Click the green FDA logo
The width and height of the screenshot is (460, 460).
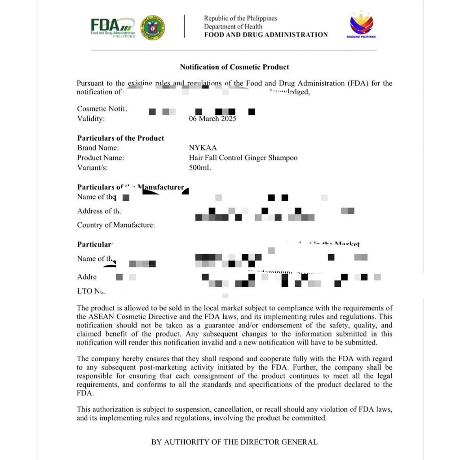113,27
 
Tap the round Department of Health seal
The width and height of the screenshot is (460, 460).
153,28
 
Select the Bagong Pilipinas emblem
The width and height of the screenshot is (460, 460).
362,26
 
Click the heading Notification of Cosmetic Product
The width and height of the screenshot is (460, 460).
234,67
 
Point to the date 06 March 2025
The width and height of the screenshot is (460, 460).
212,119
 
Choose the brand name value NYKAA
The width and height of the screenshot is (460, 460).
203,148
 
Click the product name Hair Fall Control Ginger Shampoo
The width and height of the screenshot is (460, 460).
243,158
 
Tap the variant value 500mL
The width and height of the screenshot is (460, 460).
200,168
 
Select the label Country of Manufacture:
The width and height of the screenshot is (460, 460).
116,225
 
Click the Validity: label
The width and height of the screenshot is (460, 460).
91,119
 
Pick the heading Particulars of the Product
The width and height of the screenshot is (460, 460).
120,138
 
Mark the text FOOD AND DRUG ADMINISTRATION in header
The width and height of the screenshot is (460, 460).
266,35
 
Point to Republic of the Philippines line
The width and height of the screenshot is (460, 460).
240,18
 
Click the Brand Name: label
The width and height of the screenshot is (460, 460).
98,148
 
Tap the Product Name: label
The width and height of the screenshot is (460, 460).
100,158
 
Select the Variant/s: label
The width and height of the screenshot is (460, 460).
93,168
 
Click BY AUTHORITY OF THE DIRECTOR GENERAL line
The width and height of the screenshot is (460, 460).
234,442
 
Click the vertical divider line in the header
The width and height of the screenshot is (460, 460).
184,26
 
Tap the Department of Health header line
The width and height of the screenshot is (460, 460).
233,27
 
